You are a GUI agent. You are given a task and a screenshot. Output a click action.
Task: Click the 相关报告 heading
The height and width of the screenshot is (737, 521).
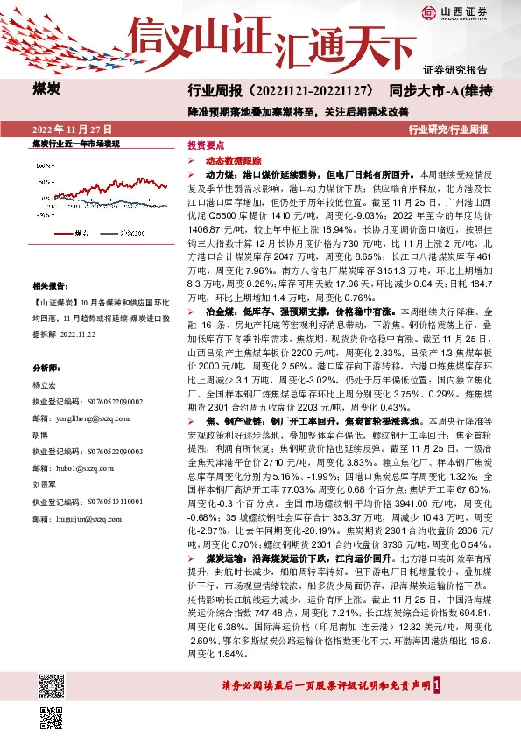pyautogui.click(x=50, y=286)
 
